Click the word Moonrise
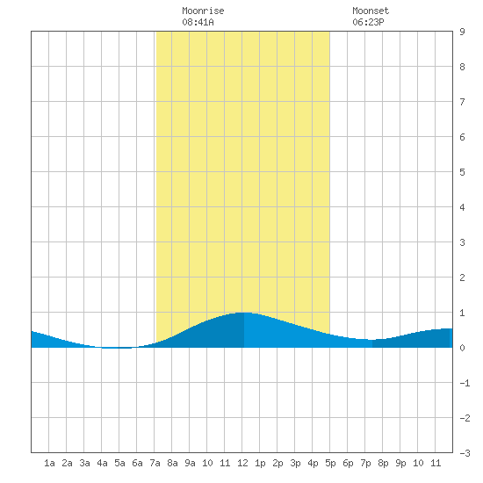(x=203, y=11)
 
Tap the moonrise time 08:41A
(x=198, y=22)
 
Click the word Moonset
(x=371, y=11)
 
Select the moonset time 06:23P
(x=368, y=22)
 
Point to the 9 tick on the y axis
(x=462, y=32)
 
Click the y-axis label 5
(x=462, y=172)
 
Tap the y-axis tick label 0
(x=462, y=348)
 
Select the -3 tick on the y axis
(x=465, y=453)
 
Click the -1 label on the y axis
(x=465, y=383)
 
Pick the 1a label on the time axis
(x=49, y=463)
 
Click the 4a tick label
(x=102, y=463)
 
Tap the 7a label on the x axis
(x=155, y=463)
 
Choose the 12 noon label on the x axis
(x=242, y=463)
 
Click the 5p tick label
(x=330, y=463)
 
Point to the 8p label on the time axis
(x=383, y=463)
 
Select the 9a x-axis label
(x=190, y=463)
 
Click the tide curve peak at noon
(x=244, y=313)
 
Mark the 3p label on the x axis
(x=295, y=463)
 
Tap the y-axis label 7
(x=462, y=102)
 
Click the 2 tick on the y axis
(x=462, y=278)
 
